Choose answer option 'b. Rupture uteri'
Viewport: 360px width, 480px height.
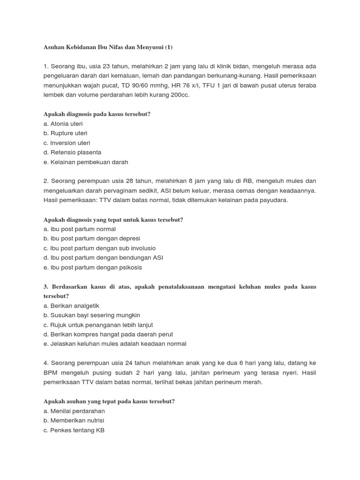[65, 133]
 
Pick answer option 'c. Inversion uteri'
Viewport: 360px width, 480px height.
[67, 143]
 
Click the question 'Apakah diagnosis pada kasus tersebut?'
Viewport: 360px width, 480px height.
[97, 114]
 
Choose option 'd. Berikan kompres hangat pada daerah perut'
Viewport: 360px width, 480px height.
[108, 334]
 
